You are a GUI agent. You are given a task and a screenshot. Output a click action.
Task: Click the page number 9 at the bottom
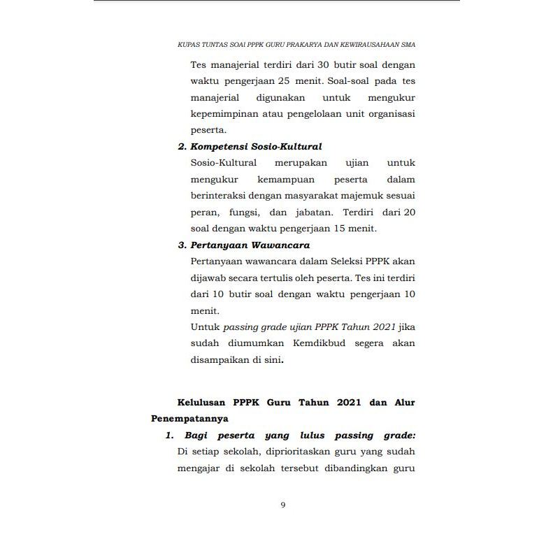282,505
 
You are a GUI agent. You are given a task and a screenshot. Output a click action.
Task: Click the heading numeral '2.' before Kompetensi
182,147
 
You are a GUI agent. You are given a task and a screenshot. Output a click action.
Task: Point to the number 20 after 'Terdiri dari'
408,212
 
